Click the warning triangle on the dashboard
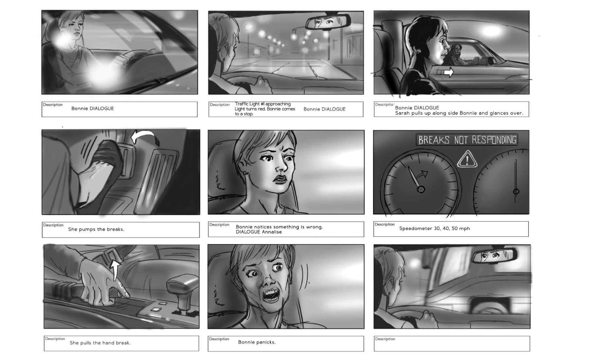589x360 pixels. coord(467,159)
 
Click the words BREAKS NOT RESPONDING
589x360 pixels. coord(467,140)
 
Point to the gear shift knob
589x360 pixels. coord(183,285)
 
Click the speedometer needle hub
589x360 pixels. coord(421,189)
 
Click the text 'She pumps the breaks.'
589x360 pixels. coord(96,229)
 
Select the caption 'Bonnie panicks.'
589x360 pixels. coord(257,342)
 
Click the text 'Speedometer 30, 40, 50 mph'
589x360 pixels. coord(435,228)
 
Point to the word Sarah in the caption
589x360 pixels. coord(402,113)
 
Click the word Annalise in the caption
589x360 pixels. coord(270,232)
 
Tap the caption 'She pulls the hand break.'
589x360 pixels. coord(100,343)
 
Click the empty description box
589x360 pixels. coord(452,344)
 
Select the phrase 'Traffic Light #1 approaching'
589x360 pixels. coord(263,104)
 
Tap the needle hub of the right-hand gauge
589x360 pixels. coord(516,191)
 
